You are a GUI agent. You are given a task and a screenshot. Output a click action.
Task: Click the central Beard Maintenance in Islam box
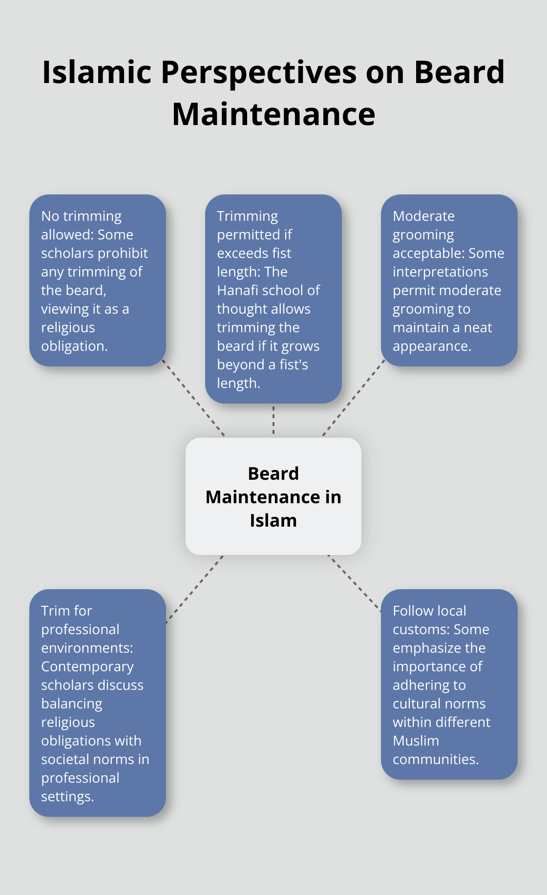click(273, 496)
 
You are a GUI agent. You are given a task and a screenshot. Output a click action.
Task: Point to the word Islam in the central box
click(273, 520)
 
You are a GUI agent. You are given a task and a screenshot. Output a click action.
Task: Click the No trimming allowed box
click(98, 280)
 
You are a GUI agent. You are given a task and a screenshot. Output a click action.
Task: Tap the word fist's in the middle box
click(294, 364)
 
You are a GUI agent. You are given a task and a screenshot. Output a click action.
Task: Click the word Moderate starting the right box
click(423, 216)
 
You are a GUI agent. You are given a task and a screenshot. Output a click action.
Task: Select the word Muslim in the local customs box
click(416, 741)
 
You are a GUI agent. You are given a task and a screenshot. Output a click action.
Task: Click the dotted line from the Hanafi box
click(273, 420)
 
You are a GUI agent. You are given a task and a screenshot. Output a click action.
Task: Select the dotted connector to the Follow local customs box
click(354, 583)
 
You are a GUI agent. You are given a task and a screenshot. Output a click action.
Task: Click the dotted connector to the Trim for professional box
click(194, 589)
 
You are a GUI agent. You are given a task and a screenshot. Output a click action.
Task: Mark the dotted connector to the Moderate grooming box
click(354, 397)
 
